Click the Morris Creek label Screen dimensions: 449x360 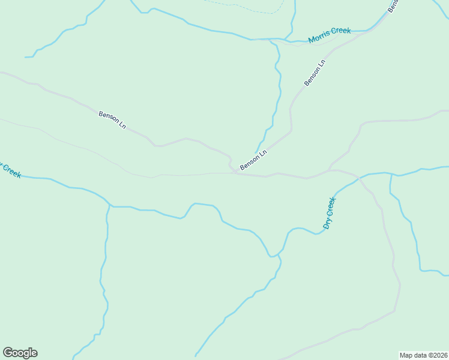[330, 35]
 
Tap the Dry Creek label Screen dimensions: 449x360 [329, 213]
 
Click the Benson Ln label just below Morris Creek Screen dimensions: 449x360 [315, 73]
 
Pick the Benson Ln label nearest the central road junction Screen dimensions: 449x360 [253, 160]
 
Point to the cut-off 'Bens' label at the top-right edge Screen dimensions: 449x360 [393, 5]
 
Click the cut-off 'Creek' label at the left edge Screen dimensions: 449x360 [10, 170]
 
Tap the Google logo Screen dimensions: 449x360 [20, 353]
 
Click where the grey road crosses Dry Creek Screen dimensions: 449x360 [358, 178]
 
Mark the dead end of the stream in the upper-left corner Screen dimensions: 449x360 [26, 57]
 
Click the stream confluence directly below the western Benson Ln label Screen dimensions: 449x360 [110, 206]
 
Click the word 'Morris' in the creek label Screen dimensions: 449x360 [319, 38]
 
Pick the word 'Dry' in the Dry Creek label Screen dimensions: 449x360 [327, 223]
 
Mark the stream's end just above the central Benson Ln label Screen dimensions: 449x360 [256, 152]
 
